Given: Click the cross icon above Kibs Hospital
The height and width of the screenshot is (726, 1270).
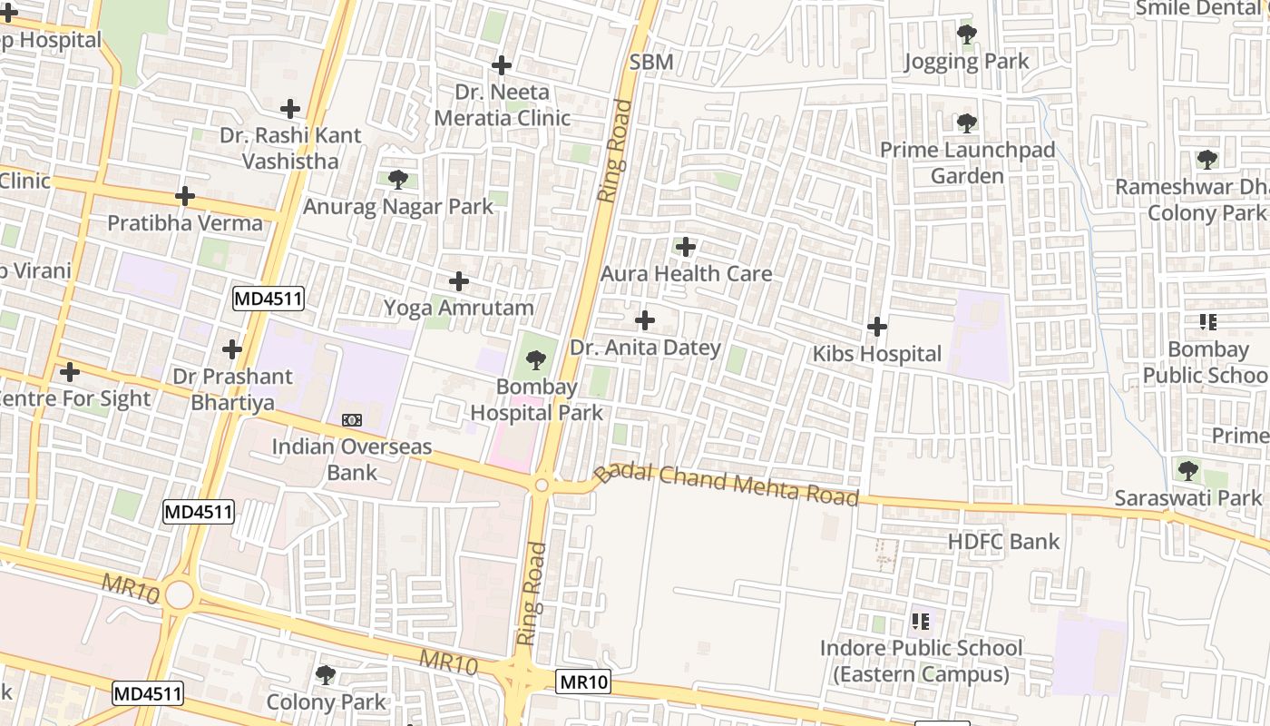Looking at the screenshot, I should (877, 326).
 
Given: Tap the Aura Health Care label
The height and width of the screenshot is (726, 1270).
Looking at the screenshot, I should (687, 273).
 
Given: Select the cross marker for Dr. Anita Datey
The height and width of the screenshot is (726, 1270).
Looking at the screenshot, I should (645, 320).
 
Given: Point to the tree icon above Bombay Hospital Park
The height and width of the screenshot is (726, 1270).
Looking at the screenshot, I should (536, 360).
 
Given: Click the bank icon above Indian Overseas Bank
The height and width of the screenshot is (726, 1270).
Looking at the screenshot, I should (352, 420).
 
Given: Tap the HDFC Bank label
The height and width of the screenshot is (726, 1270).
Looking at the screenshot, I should (1003, 542).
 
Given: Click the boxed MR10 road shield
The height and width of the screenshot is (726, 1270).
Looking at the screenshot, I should (582, 682).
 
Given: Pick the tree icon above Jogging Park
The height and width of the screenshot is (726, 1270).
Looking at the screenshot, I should (967, 35).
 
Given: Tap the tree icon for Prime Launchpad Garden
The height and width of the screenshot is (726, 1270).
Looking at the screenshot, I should (967, 123).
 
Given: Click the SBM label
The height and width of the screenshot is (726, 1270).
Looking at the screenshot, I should (651, 62).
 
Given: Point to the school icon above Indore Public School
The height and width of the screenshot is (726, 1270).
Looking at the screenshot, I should (921, 622).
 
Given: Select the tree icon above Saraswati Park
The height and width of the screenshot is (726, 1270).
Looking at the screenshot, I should (1188, 471).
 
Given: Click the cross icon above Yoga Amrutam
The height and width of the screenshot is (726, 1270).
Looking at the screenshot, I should (459, 281).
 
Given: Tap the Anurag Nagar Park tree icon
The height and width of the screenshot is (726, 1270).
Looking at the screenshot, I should (397, 180).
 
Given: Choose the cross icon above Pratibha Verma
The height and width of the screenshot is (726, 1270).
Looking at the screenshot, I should (185, 196).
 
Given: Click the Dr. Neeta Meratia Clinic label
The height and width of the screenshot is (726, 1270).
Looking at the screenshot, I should (502, 104).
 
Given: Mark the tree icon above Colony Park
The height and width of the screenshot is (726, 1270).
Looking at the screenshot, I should (326, 675).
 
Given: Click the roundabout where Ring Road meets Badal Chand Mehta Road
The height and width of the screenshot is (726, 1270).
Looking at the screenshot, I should (542, 486).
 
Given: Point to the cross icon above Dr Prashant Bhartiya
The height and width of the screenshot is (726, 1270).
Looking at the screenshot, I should (232, 349).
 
